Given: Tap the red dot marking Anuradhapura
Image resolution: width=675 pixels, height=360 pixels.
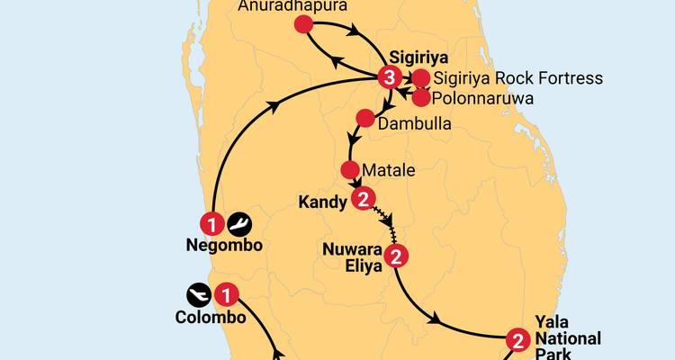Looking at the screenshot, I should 303,27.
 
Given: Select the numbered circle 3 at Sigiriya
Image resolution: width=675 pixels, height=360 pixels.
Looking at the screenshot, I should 388,77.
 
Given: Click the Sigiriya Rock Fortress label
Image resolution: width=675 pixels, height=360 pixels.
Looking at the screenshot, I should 518,78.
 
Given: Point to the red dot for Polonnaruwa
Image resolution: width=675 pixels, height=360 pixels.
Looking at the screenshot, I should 419,96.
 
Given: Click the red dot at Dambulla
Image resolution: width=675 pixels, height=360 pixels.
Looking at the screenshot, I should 364,118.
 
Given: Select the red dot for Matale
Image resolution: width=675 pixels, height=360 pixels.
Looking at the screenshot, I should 351,170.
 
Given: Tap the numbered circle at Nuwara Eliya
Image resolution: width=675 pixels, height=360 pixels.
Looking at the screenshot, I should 396,257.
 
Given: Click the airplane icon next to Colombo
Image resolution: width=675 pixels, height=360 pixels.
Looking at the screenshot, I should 199,293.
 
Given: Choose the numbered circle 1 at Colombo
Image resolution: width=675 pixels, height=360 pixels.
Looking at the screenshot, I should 229,293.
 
